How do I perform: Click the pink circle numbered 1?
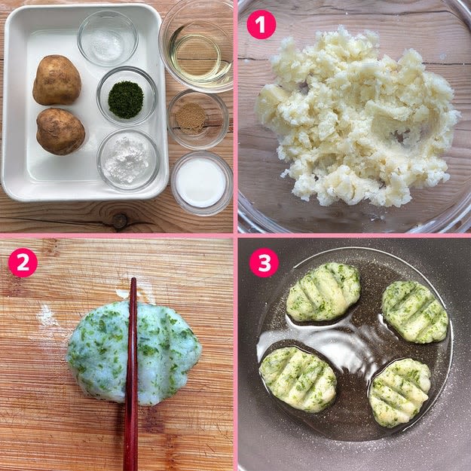pyautogui.click(x=261, y=25)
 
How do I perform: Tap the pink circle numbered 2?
pyautogui.click(x=23, y=262)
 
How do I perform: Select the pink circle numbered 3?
pyautogui.click(x=264, y=262)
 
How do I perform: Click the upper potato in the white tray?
pyautogui.click(x=57, y=80)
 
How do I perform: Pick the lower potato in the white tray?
pyautogui.click(x=60, y=132)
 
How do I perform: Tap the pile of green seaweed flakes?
pyautogui.click(x=126, y=99)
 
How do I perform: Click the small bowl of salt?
pyautogui.click(x=108, y=38)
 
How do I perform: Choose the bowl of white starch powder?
pyautogui.click(x=128, y=160)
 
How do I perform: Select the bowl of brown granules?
pyautogui.click(x=197, y=119)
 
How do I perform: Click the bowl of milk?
pyautogui.click(x=201, y=183)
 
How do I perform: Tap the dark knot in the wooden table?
pyautogui.click(x=120, y=221)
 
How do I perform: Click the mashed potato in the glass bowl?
pyautogui.click(x=357, y=120)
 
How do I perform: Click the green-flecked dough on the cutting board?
pyautogui.click(x=133, y=353)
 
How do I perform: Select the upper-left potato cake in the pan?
pyautogui.click(x=323, y=292)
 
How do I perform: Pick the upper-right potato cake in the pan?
pyautogui.click(x=414, y=312)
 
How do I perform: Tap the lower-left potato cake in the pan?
pyautogui.click(x=298, y=379)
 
